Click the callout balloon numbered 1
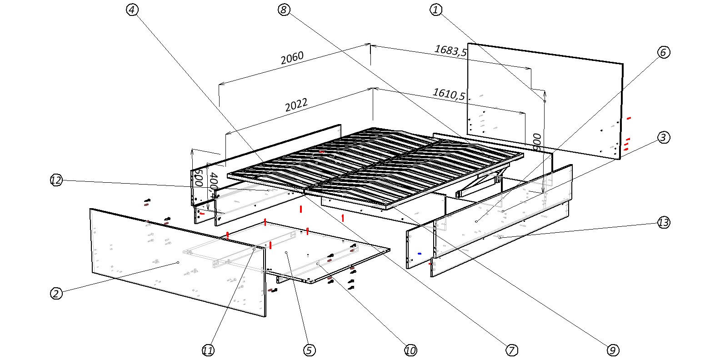pyautogui.click(x=436, y=10)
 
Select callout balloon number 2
pyautogui.click(x=56, y=293)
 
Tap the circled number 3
pyautogui.click(x=664, y=137)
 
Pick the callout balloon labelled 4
pyautogui.click(x=132, y=10)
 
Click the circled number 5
pyautogui.click(x=309, y=350)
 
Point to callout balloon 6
pyautogui.click(x=663, y=52)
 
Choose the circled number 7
pyautogui.click(x=511, y=350)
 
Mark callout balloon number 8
pyautogui.click(x=284, y=10)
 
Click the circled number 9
pyautogui.click(x=613, y=350)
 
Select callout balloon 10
pyautogui.click(x=410, y=350)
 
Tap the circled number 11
pyautogui.click(x=208, y=350)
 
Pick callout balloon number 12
pyautogui.click(x=56, y=180)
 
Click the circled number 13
pyautogui.click(x=664, y=222)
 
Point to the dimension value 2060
pyautogui.click(x=292, y=58)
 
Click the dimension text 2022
pyautogui.click(x=296, y=105)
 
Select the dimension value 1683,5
pyautogui.click(x=450, y=50)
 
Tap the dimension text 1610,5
pyautogui.click(x=449, y=94)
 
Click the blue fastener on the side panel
pyautogui.click(x=419, y=253)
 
